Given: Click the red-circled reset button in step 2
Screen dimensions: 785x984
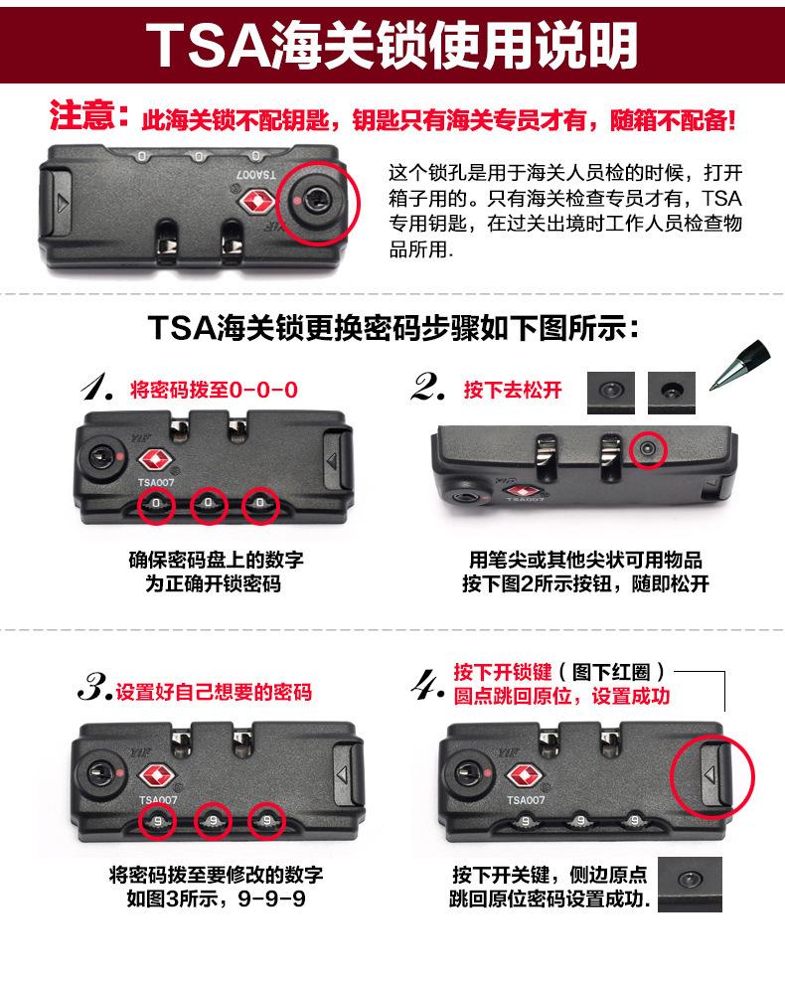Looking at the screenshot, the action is [x=648, y=449].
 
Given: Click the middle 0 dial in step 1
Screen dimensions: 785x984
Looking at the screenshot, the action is [x=209, y=503].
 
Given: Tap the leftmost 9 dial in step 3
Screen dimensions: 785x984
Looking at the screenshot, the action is [x=158, y=821].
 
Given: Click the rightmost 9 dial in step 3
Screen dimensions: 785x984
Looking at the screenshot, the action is [x=267, y=820].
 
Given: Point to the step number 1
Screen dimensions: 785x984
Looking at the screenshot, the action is [x=97, y=387].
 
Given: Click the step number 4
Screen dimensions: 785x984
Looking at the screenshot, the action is [x=427, y=685].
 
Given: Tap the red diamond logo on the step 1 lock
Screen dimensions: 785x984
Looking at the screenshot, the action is [x=155, y=460].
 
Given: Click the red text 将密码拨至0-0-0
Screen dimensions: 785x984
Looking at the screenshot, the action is [x=214, y=390].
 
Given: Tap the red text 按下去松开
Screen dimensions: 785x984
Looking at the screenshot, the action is [x=513, y=390].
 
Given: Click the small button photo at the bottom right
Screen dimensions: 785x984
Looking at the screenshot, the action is [x=690, y=884].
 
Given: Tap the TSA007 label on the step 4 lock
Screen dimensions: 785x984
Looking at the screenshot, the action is [x=526, y=800].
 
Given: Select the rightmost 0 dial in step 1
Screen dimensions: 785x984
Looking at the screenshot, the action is [x=259, y=503].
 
